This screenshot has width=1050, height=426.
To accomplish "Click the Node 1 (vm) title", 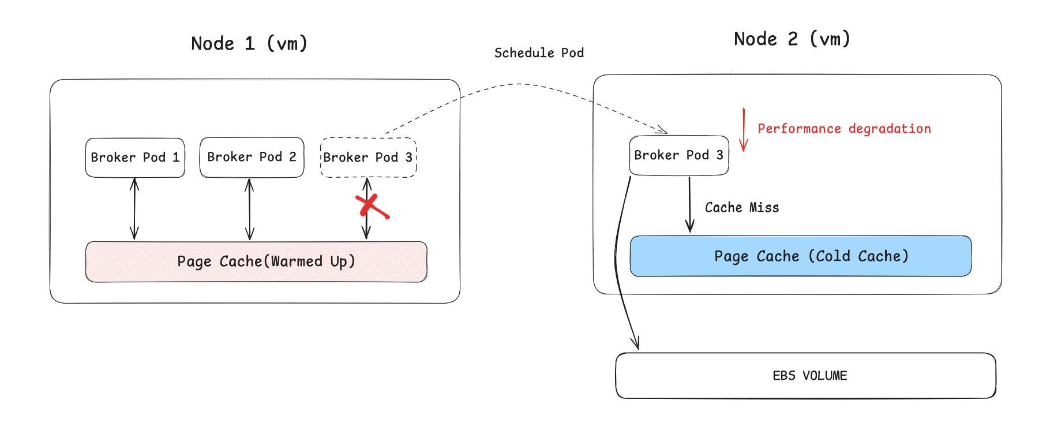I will [x=249, y=43].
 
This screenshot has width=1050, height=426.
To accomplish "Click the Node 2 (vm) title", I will [x=792, y=39].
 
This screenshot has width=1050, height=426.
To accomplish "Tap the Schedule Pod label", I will [x=539, y=53].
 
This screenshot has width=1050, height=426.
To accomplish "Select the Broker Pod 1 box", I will [x=135, y=157].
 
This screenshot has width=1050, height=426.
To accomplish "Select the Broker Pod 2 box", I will [x=252, y=157].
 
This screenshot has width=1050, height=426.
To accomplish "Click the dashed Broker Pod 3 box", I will [x=368, y=157].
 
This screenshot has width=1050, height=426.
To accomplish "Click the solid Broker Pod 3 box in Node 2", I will [x=678, y=155].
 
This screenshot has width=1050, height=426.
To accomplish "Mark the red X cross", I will [x=371, y=207].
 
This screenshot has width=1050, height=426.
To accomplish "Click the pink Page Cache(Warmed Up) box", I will [x=256, y=261].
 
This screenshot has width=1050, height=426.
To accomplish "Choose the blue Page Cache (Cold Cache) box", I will [x=801, y=256].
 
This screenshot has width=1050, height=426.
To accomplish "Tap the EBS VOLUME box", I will [x=805, y=375].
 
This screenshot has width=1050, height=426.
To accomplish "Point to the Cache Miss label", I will [x=742, y=207].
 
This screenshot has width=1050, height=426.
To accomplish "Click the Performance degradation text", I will [x=844, y=128].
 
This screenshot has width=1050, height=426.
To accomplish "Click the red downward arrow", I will [x=744, y=130].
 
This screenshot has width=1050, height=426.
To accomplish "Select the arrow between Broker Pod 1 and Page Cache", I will [x=134, y=208].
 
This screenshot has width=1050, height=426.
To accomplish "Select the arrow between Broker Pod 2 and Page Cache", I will [x=249, y=208].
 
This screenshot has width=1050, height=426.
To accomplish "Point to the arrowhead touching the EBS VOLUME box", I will [x=636, y=343].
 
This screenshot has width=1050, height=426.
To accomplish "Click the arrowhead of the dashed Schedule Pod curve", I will [x=663, y=130].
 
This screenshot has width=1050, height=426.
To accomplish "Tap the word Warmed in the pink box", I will [x=297, y=261].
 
